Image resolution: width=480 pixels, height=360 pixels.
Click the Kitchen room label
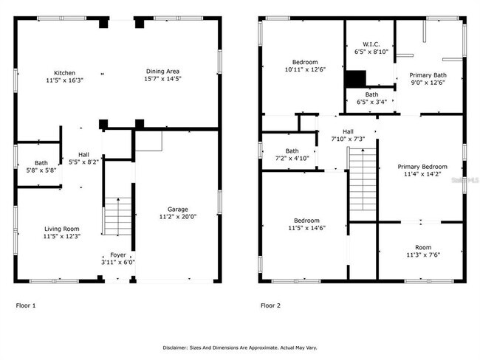click(64, 73)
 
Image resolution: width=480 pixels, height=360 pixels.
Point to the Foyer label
click(118, 255)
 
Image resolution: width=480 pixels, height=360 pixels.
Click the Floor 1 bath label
click(41, 163)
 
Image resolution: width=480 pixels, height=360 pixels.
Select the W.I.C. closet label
click(371, 44)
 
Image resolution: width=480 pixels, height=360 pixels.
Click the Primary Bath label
click(428, 75)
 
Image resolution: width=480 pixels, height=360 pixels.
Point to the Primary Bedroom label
click(422, 167)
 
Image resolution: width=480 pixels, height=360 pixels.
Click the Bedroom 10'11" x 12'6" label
click(304, 62)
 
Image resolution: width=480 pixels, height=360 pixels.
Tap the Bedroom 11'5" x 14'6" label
click(306, 221)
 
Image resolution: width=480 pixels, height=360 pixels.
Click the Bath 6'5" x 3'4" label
click(371, 94)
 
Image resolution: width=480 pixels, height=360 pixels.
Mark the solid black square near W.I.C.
click(356, 78)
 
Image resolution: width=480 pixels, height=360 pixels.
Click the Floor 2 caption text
click(270, 305)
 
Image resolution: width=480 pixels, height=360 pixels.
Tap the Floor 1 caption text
click(26, 305)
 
